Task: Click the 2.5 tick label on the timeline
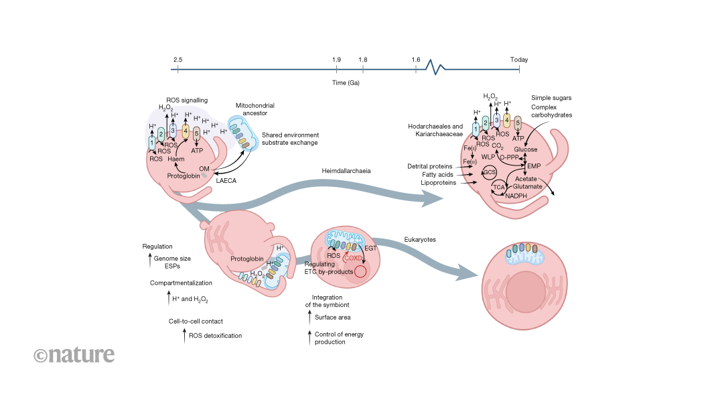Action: click(x=177, y=60)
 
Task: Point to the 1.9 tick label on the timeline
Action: click(x=336, y=60)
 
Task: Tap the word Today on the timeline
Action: click(x=519, y=60)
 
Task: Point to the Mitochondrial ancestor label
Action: click(x=255, y=110)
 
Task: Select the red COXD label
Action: click(x=355, y=257)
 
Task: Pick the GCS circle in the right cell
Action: click(x=489, y=172)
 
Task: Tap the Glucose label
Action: click(x=526, y=149)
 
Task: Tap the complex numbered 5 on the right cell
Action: click(x=518, y=123)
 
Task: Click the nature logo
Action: click(x=74, y=354)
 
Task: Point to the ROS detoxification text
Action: click(x=215, y=335)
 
